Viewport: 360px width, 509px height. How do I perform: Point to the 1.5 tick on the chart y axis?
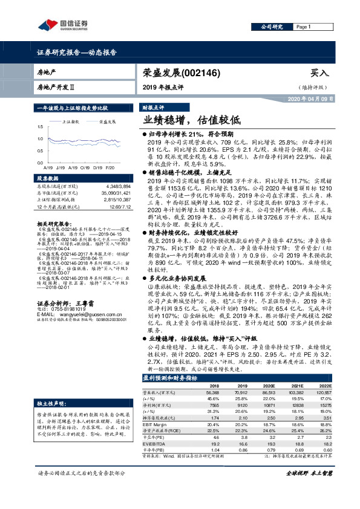pyautogui.click(x=41, y=127)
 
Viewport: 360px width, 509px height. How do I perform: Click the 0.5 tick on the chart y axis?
pyautogui.click(x=41, y=154)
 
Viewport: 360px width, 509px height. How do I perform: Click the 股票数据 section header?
pyautogui.click(x=49, y=179)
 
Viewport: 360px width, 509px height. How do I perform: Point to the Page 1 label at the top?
pyautogui.click(x=303, y=27)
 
